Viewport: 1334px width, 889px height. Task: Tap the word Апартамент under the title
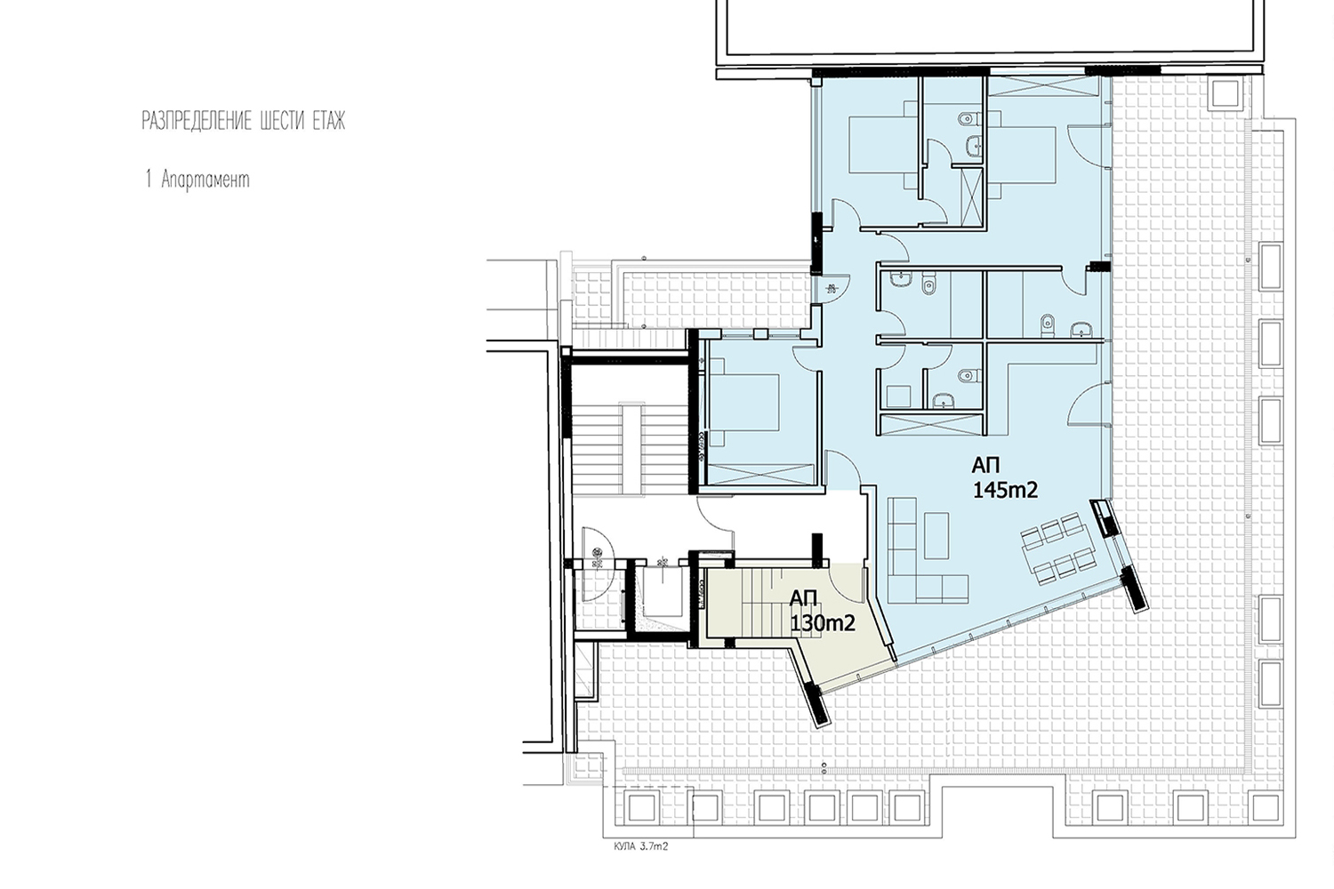[205, 180]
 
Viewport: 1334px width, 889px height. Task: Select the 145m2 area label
[1005, 490]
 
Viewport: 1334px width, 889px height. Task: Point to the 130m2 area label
[823, 623]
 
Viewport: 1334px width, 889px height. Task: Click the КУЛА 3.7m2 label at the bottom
[641, 846]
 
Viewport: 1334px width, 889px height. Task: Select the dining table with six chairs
[1057, 548]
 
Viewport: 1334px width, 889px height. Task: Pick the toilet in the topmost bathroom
[968, 119]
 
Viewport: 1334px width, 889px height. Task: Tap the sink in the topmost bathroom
[975, 143]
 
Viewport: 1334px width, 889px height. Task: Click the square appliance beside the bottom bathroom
[898, 396]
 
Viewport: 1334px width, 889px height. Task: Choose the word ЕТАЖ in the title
[329, 121]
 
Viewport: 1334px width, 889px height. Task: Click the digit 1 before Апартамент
[149, 180]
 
